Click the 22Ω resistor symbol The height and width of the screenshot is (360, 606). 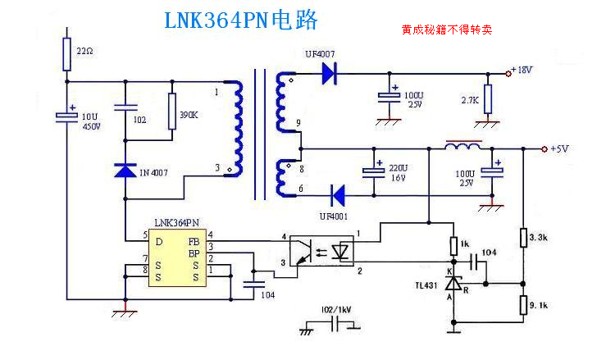click(x=67, y=53)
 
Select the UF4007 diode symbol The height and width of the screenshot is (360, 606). click(x=330, y=75)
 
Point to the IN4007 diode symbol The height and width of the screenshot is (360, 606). click(x=125, y=171)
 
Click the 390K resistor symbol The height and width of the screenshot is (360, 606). click(x=172, y=112)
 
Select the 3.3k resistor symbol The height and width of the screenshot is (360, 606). click(x=523, y=239)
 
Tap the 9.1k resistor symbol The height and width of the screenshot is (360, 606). click(x=523, y=305)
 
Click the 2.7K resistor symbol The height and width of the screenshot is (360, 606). click(x=488, y=99)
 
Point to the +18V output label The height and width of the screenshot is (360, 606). click(x=522, y=71)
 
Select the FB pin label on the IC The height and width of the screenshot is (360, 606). click(x=194, y=241)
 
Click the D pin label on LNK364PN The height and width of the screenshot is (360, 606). click(x=159, y=241)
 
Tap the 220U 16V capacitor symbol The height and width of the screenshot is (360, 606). click(x=374, y=172)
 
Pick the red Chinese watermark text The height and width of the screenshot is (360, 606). click(x=446, y=30)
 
